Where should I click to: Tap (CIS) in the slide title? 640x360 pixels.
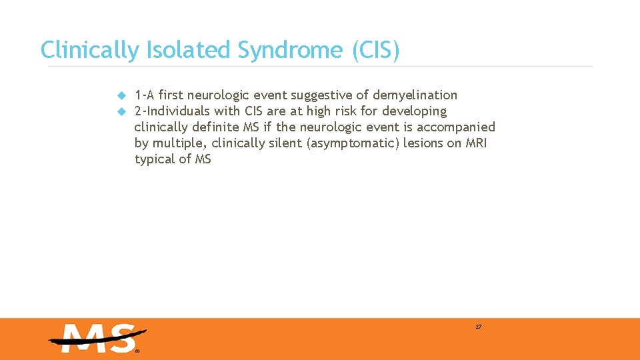[x=375, y=50]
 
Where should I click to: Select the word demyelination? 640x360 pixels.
[x=415, y=95]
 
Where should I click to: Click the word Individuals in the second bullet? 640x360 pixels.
[x=177, y=111]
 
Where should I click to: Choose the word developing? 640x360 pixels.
[x=414, y=111]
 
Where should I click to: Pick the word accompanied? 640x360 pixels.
[x=456, y=127]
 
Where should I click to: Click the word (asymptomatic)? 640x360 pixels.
[x=352, y=143]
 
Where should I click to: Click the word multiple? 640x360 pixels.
[x=178, y=143]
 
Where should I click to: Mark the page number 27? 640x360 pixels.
[x=479, y=327]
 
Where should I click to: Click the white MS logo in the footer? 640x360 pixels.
[x=97, y=339]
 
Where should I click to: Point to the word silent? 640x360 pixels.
[x=285, y=143]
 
